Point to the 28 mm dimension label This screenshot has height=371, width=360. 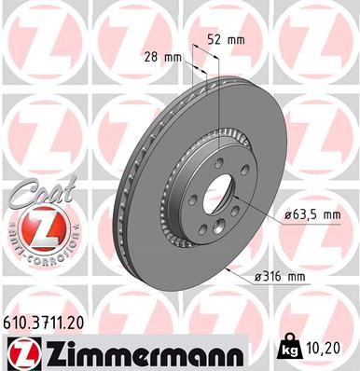pos(165,57)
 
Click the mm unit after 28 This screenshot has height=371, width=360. pos(175,57)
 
